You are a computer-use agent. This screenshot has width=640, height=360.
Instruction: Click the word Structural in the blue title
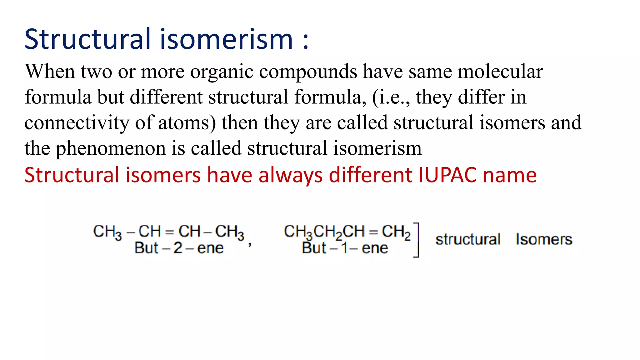88,39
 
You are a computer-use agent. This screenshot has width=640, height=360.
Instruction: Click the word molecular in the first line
500,72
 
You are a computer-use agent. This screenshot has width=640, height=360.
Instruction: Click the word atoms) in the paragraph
187,123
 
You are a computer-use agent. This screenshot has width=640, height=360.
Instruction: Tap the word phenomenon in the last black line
111,148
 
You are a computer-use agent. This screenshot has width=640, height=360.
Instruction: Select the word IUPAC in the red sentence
447,175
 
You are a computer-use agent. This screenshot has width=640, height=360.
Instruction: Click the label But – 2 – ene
179,248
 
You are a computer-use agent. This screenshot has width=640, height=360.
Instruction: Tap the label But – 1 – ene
345,248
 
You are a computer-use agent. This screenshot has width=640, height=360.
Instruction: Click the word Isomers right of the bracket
544,239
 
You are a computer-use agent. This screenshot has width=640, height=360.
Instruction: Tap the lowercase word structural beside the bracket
468,239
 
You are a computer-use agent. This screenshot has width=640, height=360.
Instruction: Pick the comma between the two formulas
250,245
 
